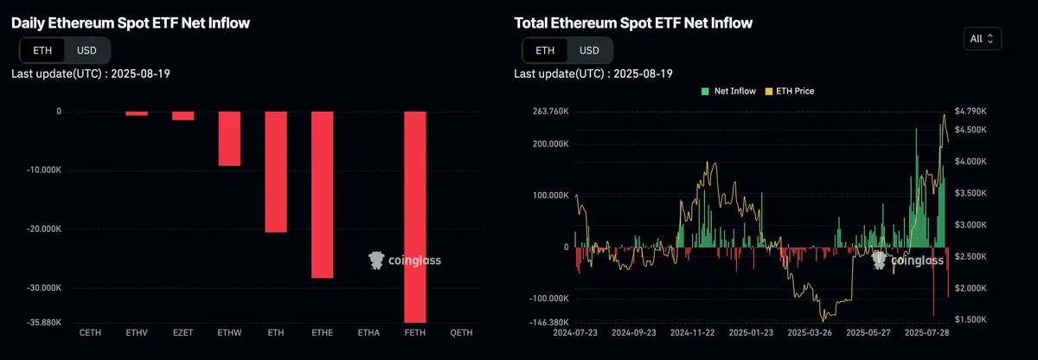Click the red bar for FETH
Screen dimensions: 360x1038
[x=415, y=216]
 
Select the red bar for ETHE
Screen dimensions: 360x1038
[x=322, y=194]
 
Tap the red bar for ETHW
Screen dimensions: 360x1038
[x=229, y=138]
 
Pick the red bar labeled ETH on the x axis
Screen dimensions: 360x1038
[x=276, y=171]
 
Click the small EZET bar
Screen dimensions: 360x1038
[x=183, y=115]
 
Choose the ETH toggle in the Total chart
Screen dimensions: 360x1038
[x=544, y=50]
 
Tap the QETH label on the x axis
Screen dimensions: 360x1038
[x=461, y=332]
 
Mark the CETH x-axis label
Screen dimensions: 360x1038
[x=89, y=332]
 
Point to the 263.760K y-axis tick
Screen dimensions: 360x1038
[x=549, y=111]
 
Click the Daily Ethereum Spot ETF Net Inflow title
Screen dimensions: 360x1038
[x=131, y=23]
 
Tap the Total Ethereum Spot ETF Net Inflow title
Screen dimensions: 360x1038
[x=633, y=23]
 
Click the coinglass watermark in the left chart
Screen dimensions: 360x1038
[x=405, y=259]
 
